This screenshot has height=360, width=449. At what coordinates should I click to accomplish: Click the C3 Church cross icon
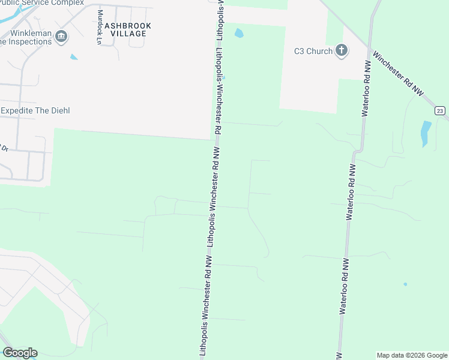[x=342, y=50]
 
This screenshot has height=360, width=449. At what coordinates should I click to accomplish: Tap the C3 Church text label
[x=313, y=51]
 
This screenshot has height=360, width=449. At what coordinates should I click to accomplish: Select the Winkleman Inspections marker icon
[x=61, y=37]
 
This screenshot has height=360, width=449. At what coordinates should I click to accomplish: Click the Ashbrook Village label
[x=128, y=29]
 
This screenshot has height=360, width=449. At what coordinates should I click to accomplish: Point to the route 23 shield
[x=440, y=111]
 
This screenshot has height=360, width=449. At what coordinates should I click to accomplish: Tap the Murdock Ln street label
[x=100, y=28]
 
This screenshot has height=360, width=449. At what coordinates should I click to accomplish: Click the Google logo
[x=20, y=353]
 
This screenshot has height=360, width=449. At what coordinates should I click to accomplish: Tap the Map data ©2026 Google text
[x=412, y=355]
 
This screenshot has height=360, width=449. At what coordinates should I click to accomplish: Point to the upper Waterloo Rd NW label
[x=367, y=88]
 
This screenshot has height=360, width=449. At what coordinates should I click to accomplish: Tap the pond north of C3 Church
[x=239, y=32]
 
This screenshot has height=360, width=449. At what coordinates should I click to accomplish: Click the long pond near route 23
[x=426, y=134]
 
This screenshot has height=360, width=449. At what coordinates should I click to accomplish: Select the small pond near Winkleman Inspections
[x=74, y=57]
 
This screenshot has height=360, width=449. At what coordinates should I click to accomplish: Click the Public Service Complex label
[x=42, y=3]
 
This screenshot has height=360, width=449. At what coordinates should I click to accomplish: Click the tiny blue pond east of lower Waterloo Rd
[x=405, y=284]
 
